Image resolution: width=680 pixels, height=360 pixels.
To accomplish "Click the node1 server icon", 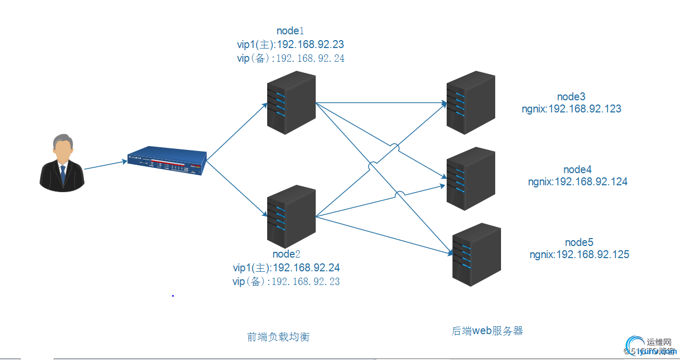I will point(291,102).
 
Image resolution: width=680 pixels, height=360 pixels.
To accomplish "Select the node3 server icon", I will point(470,102).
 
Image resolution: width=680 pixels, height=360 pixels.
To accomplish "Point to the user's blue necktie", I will point(63,174).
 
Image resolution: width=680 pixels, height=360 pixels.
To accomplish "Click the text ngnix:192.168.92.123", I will point(571,109).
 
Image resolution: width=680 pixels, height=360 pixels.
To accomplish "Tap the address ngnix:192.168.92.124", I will point(578,182).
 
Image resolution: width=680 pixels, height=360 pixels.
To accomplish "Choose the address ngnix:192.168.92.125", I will point(579,254).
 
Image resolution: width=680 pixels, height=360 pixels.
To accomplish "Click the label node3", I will point(571,97).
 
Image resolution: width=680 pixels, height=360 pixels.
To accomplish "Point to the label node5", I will point(579,242).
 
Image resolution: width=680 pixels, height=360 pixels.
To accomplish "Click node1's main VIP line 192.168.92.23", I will point(291,44).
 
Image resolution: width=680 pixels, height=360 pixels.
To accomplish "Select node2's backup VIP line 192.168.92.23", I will point(286,281).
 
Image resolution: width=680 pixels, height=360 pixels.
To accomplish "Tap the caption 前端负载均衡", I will point(278,337).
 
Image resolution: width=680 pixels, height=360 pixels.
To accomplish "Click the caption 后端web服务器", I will point(487,331).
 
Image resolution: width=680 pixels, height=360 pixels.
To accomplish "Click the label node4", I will point(578,169).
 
